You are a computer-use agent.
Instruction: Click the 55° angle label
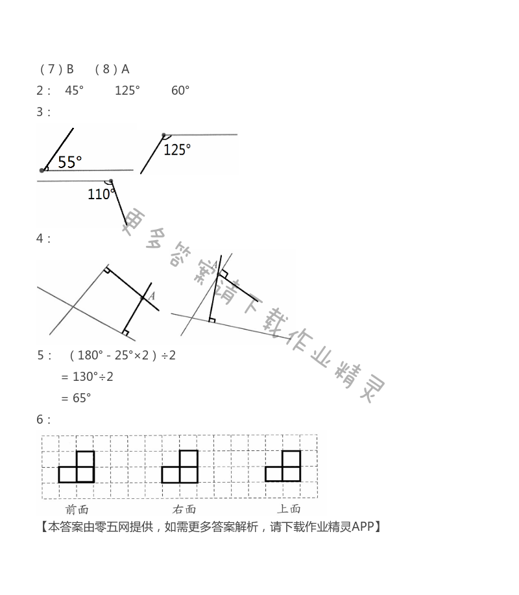point(70,162)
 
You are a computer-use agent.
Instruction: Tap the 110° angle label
point(101,193)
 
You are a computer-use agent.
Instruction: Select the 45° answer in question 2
point(75,90)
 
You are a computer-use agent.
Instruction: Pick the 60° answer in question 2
point(180,90)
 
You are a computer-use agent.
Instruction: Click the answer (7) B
point(56,69)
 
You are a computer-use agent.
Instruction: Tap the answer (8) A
point(112,69)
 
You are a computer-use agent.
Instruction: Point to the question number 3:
point(43,112)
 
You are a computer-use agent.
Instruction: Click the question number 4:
point(43,238)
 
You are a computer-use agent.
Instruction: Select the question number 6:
point(43,419)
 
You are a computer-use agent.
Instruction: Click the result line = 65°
point(76,398)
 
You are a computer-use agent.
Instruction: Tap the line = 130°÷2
point(87,376)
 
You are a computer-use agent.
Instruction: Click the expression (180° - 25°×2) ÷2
point(122,355)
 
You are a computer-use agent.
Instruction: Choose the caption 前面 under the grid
point(77,509)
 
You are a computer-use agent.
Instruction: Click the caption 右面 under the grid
point(184,509)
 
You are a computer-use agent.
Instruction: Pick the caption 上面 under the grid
point(289,509)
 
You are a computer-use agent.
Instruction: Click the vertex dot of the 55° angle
point(42,170)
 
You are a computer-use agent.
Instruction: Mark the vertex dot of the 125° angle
point(163,135)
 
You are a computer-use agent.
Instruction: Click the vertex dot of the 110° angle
point(111,181)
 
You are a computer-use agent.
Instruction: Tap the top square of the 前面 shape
point(85,459)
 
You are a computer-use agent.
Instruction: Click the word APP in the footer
point(363,526)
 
